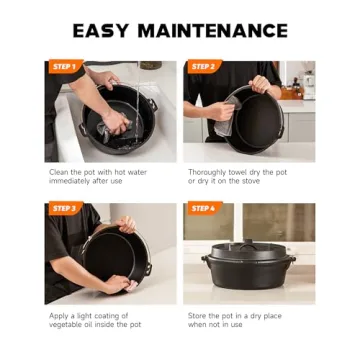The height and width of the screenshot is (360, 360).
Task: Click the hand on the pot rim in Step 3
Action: click(x=125, y=226)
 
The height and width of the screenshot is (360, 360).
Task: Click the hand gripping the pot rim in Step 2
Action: click(x=261, y=84)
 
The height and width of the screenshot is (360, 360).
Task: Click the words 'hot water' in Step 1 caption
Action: click(x=139, y=172)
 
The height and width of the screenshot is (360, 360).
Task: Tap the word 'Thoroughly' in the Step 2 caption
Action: click(x=209, y=172)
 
